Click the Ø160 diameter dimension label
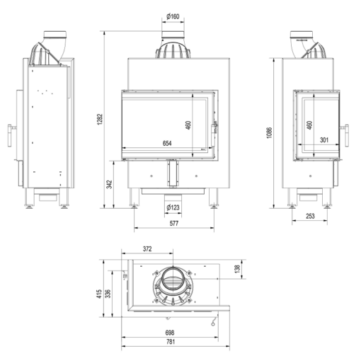(173, 16)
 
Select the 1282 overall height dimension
(101, 120)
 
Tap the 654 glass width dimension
(167, 143)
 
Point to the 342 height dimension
(109, 184)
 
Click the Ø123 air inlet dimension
(173, 207)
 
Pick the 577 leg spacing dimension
(174, 223)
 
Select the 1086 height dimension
(270, 133)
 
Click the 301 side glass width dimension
(324, 140)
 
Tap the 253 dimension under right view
(310, 216)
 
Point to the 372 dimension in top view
(147, 249)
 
